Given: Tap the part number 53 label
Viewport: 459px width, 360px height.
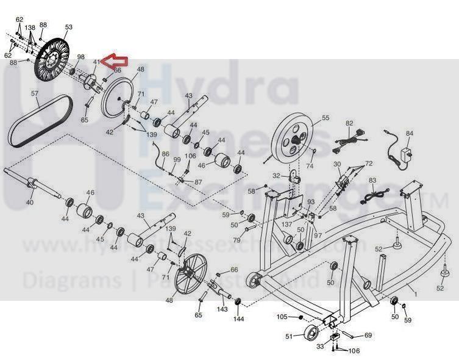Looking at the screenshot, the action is pos(68,27).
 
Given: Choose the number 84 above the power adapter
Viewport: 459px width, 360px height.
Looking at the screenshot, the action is pos(410,134).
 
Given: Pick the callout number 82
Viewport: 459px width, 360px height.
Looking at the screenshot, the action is pos(349,123).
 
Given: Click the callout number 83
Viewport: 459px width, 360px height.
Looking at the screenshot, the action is pos(372,181).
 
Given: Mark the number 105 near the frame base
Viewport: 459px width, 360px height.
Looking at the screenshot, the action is pos(282,317).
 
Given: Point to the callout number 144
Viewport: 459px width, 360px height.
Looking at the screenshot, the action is pos(239,319).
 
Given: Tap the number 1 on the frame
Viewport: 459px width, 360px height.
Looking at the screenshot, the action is pos(416,294).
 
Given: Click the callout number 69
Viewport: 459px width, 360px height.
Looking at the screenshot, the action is pos(368,335).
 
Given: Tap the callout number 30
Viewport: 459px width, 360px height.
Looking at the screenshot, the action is pos(336,165).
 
